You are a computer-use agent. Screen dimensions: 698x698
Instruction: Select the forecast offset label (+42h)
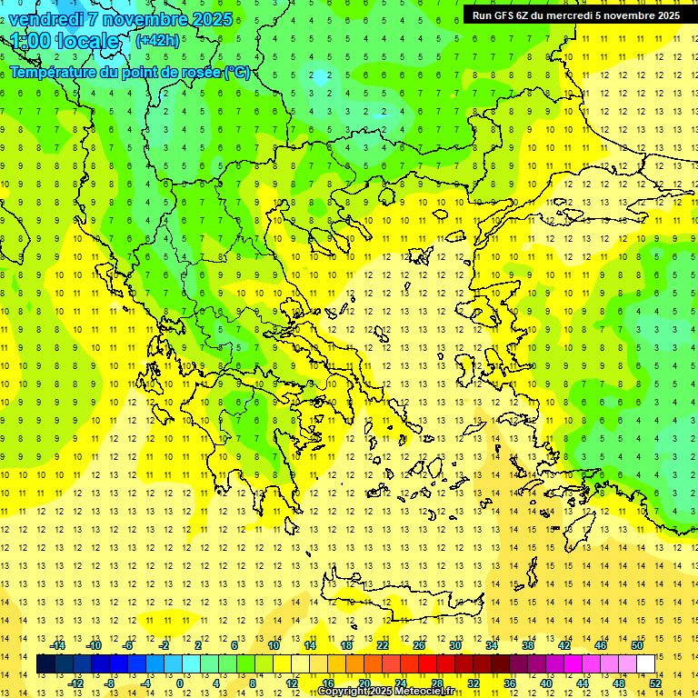157,40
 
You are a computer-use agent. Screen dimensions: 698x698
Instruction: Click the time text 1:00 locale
65,41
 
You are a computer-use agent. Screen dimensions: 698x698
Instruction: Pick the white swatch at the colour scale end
645,664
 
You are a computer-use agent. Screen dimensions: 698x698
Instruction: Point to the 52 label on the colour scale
655,683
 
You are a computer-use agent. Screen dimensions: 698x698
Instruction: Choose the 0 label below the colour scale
180,683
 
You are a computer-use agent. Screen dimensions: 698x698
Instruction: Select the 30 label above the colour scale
454,645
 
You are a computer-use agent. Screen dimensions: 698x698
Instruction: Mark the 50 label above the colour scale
636,645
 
